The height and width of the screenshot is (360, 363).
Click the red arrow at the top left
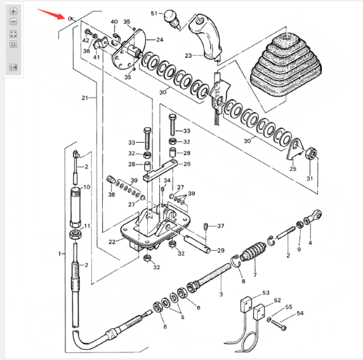[51, 14]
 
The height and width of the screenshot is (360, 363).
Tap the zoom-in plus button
[13, 11]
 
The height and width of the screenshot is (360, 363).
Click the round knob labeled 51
[171, 18]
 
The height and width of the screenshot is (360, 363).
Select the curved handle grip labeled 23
[205, 37]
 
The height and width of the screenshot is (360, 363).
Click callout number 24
[160, 40]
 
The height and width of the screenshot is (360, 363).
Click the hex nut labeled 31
[312, 154]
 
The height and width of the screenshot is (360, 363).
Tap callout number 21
[85, 98]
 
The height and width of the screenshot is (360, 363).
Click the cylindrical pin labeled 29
[197, 244]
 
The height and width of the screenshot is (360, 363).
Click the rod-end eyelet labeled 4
[313, 217]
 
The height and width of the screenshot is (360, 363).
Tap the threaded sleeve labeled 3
[209, 277]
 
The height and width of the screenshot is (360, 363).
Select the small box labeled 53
[246, 303]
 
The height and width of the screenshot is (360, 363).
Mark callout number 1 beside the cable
[60, 254]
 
